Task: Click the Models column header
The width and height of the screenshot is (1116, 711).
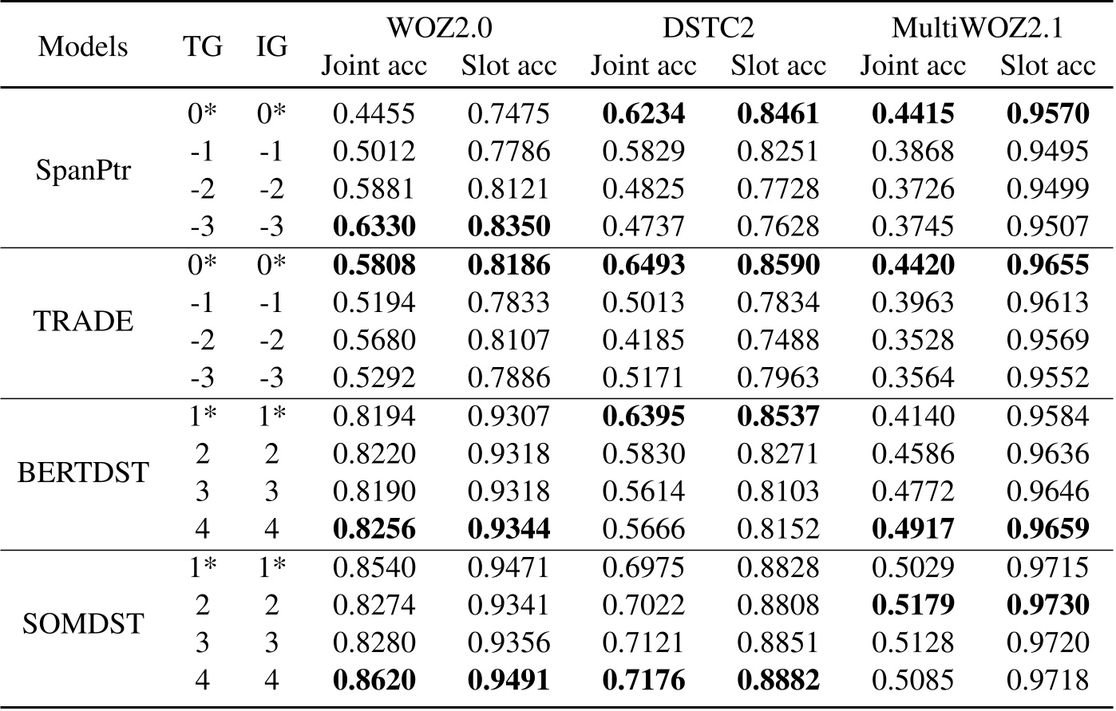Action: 83,46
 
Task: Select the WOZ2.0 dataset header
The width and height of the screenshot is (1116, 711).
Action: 438,29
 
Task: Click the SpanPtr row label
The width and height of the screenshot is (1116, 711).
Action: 83,170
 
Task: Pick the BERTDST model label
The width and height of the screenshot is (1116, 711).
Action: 83,472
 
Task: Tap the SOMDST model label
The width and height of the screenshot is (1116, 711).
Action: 83,623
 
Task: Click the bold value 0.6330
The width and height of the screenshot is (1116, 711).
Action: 374,226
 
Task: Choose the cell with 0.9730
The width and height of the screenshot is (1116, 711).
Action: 1047,604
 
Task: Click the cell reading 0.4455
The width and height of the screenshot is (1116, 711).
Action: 374,113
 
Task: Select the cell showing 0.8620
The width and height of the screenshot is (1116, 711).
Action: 374,680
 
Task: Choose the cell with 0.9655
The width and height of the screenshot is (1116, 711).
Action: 1047,264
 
